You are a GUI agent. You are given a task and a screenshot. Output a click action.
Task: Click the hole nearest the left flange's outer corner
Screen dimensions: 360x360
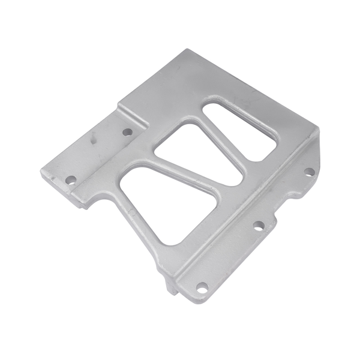[71, 179]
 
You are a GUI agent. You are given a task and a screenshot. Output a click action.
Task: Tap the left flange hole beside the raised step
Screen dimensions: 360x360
[127, 131]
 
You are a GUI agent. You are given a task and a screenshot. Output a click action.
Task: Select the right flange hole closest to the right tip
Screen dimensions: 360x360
[309, 172]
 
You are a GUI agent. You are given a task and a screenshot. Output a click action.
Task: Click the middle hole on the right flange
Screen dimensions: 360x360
[259, 226]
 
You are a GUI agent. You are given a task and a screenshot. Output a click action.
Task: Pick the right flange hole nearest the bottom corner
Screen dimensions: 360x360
[202, 287]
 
